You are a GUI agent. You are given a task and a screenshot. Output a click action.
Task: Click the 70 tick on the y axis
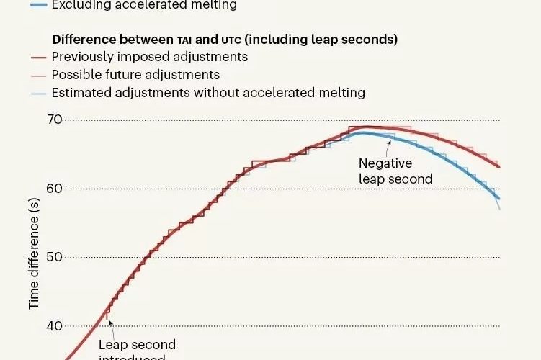point(55,120)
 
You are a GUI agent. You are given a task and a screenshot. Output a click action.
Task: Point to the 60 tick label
point(55,189)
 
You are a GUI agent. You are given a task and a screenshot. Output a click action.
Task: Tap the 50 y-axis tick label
point(55,257)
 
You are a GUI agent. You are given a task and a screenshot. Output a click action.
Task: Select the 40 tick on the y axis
point(55,326)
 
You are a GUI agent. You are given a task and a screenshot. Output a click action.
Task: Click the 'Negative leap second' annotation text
point(395,171)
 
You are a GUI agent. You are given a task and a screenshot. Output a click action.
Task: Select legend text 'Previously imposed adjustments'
point(150,57)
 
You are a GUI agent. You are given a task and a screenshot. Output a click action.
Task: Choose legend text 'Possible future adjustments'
point(135,75)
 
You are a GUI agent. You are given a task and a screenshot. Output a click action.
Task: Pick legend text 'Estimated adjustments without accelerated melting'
point(208,93)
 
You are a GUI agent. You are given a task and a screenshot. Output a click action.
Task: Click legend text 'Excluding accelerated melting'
point(144,5)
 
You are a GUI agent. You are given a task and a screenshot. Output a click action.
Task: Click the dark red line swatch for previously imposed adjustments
point(40,57)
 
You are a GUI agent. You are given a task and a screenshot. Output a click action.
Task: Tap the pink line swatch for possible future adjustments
point(40,75)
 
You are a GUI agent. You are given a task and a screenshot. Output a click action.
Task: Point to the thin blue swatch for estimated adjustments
point(40,93)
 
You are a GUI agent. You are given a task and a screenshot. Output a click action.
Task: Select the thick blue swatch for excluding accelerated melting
point(40,5)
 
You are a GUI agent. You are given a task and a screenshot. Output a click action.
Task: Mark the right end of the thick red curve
point(499,167)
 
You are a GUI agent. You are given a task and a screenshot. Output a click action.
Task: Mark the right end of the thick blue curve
point(499,199)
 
